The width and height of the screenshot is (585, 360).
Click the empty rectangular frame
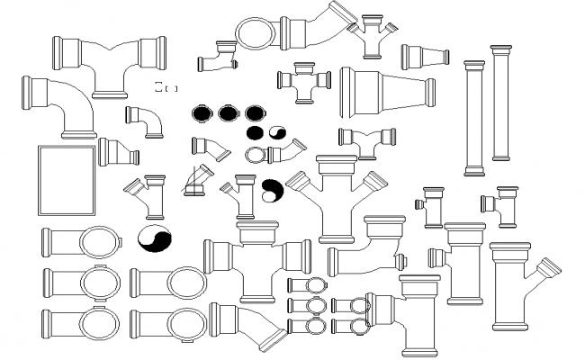point(67,181)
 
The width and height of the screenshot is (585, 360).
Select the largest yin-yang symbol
point(153,239)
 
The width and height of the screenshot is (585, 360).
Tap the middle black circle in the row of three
point(229,113)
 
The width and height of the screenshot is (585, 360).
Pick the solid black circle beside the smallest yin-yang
point(256,132)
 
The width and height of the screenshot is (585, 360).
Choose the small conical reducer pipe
point(425,57)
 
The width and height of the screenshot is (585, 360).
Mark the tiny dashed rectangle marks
point(166,87)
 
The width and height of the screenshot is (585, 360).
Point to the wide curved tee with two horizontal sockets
point(111,63)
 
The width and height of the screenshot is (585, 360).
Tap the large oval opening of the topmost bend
point(256,33)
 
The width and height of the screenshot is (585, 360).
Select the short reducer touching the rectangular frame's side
point(118,153)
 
